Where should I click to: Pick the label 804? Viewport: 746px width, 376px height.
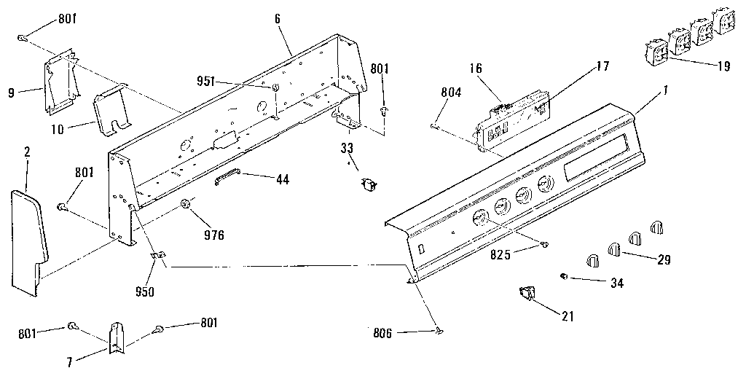click(x=452, y=93)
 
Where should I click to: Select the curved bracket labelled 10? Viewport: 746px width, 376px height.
click(x=111, y=110)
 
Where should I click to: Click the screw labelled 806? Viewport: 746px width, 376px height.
click(x=439, y=332)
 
